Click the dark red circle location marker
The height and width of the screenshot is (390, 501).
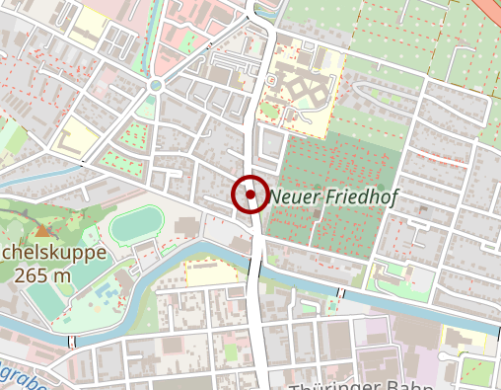coord(250,195)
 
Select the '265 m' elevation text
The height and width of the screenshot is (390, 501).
coord(42,275)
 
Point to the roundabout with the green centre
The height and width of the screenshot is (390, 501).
coord(155,86)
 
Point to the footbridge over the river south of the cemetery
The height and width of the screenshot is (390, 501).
coord(340,293)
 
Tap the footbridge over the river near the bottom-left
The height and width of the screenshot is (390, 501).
coord(71,341)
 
